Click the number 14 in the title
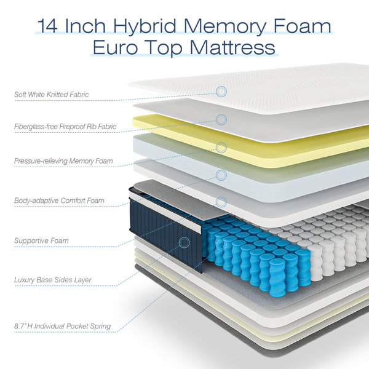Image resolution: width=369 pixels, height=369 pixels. pos(48,26)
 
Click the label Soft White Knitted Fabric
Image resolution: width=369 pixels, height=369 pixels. pos(52,95)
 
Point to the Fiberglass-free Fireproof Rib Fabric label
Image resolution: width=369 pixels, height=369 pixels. pos(65,127)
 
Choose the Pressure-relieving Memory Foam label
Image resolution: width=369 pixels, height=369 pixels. pos(63,161)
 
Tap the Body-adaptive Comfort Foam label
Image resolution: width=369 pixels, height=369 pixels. pos(59,200)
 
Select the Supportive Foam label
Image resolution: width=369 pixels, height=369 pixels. pos(41,240)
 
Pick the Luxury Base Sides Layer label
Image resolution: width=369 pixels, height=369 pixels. pos(52,280)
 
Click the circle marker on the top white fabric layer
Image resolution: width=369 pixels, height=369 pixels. pos(221,91)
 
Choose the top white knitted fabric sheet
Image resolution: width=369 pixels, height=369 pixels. pos(277,86)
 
